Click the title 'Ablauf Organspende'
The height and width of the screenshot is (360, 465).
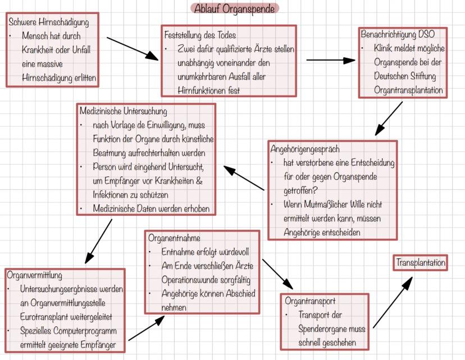click(235, 8)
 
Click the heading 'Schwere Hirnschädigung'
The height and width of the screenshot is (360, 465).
click(49, 23)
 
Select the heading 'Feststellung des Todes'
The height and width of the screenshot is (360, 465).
click(200, 35)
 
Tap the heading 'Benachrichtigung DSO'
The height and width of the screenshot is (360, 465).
click(398, 34)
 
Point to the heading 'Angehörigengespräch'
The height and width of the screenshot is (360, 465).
click(305, 149)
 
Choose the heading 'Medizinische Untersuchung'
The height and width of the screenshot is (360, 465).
click(123, 111)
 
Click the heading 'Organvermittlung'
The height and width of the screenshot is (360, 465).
click(35, 275)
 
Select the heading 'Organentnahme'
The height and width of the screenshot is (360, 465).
click(174, 238)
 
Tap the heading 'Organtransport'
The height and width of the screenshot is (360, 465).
click(310, 301)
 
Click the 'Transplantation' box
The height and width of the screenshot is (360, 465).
click(421, 262)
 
